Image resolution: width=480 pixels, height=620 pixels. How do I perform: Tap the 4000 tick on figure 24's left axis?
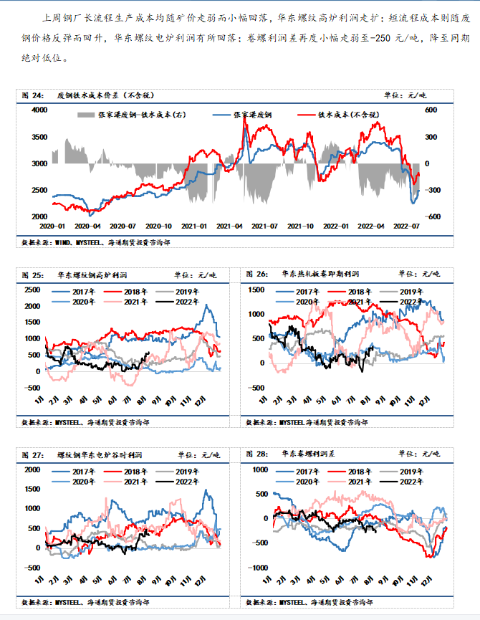(38, 110)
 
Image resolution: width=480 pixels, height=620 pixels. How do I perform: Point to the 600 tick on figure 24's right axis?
(431, 110)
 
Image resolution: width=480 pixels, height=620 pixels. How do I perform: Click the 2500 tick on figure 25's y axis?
(32, 290)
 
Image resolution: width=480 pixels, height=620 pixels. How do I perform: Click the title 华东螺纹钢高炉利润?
(90, 274)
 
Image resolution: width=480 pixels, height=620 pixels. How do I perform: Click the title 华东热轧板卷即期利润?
(320, 274)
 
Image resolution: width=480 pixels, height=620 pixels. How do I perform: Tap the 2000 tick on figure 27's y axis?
(32, 470)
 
